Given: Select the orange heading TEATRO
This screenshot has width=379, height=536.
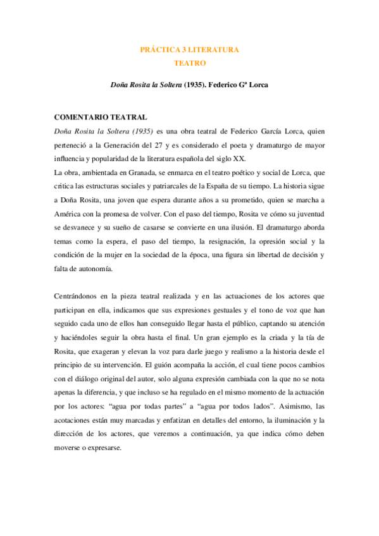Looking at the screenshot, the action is [189, 63].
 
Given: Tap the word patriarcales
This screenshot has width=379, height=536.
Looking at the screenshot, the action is [167, 186].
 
